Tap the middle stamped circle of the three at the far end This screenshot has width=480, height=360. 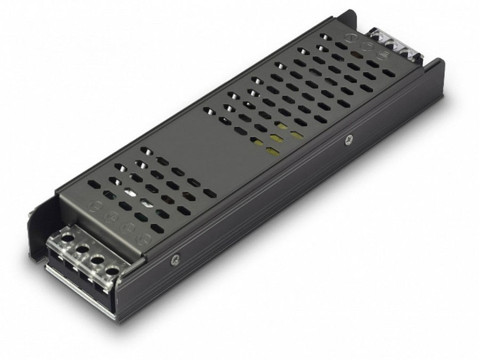click(366, 46)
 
